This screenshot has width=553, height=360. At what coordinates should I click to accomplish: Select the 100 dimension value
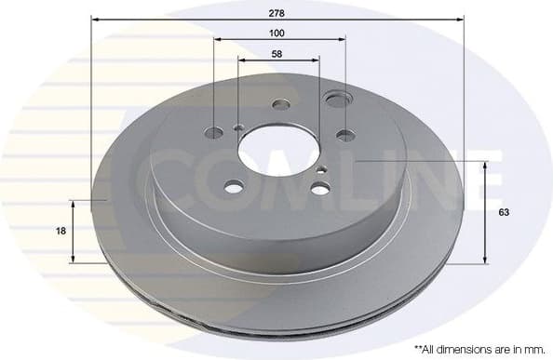pyautogui.click(x=278, y=33)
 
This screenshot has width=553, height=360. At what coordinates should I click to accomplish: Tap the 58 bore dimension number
pyautogui.click(x=278, y=55)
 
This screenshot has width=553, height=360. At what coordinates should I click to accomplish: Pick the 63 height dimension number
pyautogui.click(x=504, y=213)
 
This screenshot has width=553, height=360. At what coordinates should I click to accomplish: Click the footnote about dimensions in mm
pyautogui.click(x=478, y=348)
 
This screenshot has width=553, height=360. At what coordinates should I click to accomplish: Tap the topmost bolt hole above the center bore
pyautogui.click(x=278, y=105)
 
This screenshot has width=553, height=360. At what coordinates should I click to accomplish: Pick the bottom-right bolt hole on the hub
pyautogui.click(x=319, y=189)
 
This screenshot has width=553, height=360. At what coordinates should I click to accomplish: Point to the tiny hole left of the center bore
pyautogui.click(x=239, y=129)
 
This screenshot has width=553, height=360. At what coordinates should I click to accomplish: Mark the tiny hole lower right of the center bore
pyautogui.click(x=321, y=169)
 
